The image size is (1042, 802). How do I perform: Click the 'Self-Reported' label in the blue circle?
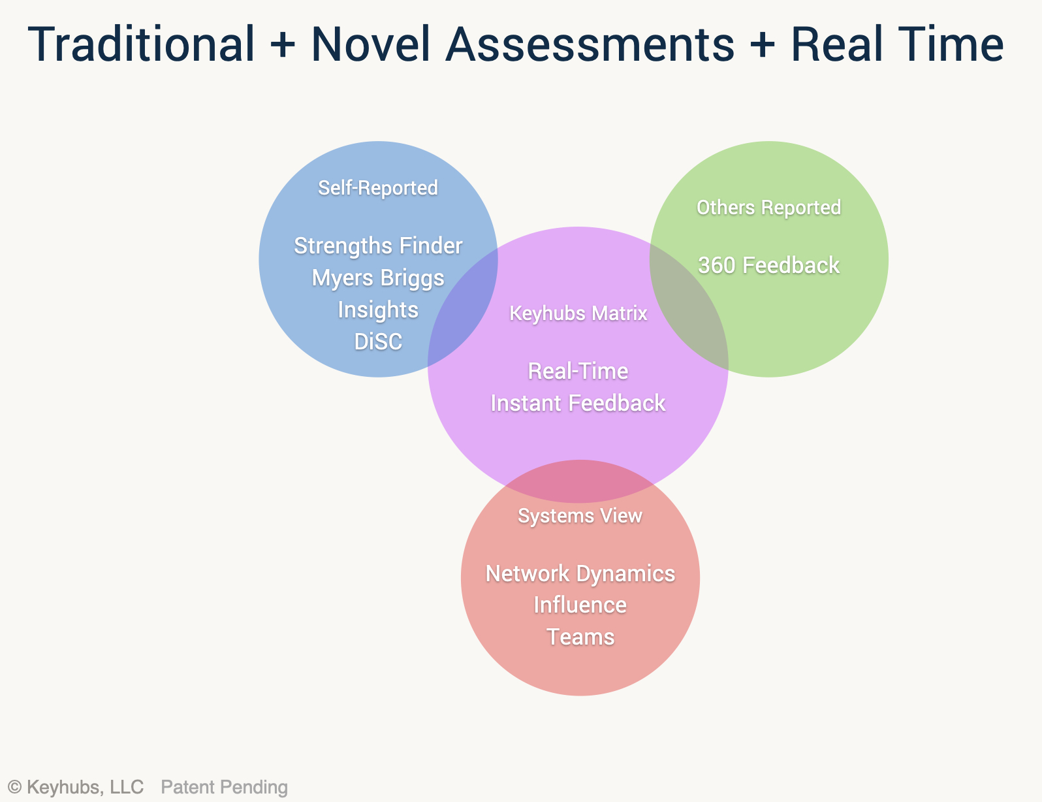point(378,187)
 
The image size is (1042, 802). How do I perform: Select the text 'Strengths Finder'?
point(378,246)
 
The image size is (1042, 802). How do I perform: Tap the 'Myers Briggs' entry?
point(378,278)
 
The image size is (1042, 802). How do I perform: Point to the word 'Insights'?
point(378,310)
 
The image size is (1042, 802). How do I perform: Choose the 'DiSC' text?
point(378,342)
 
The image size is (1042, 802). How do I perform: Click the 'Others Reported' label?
point(768,208)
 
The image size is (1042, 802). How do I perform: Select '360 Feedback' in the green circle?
point(768,265)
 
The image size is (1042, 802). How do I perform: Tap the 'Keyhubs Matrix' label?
point(578,313)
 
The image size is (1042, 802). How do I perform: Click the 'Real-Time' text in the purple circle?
point(578,371)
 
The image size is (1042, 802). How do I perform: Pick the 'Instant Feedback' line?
point(578,403)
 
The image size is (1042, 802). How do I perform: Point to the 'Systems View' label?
point(580,516)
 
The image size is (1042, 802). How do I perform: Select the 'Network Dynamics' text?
point(580,573)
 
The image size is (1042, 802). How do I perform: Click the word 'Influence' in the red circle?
point(580,605)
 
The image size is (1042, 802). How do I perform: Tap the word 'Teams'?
point(580,637)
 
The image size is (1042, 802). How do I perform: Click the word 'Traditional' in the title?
point(141,44)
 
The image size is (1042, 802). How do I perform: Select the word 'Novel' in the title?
point(370,44)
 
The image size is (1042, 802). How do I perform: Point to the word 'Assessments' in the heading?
point(590,44)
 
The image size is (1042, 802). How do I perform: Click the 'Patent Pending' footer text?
point(225,787)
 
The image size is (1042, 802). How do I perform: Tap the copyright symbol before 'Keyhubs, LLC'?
point(15,787)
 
